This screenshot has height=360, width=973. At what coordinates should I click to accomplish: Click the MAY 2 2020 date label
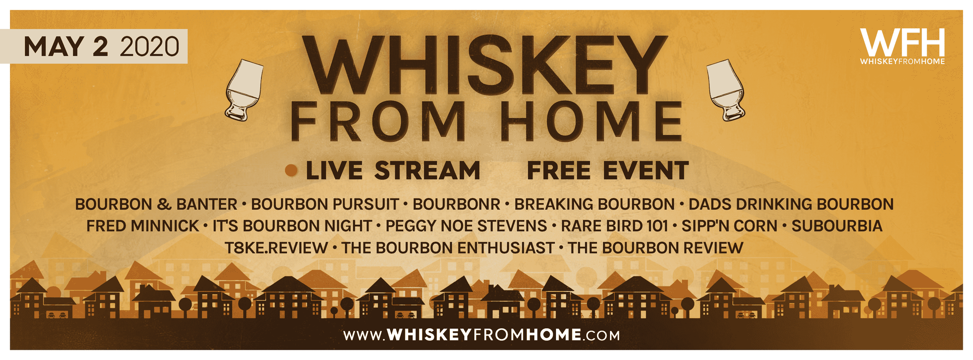click(x=101, y=47)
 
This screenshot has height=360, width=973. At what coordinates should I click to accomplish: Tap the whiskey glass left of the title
click(x=244, y=90)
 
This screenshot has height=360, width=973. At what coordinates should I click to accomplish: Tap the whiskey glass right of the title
click(x=725, y=90)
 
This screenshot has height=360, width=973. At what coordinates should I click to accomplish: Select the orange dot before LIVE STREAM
click(x=291, y=170)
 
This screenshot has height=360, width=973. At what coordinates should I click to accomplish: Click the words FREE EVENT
click(x=608, y=171)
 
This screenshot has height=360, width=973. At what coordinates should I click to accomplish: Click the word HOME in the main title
click(x=592, y=121)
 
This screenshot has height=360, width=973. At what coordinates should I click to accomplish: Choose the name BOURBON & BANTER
click(x=156, y=204)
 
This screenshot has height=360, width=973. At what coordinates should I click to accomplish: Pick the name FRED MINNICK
click(x=143, y=226)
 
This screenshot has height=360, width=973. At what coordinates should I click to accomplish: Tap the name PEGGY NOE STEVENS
click(x=466, y=226)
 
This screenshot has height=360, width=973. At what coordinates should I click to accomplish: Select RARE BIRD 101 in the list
click(x=614, y=226)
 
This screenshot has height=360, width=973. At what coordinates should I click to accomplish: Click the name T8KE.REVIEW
click(x=276, y=248)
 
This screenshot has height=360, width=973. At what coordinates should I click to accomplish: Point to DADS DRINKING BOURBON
click(x=791, y=204)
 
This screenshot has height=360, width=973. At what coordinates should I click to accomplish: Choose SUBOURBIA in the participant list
click(x=837, y=226)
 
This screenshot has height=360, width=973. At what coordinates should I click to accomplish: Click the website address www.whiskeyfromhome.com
click(x=482, y=335)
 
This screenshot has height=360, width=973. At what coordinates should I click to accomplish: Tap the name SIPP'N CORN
click(x=729, y=226)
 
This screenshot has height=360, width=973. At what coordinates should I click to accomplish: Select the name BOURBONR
click(x=456, y=204)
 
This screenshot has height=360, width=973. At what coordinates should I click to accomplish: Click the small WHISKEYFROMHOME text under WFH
click(x=902, y=62)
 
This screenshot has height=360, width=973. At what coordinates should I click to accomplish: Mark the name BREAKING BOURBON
click(x=595, y=204)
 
